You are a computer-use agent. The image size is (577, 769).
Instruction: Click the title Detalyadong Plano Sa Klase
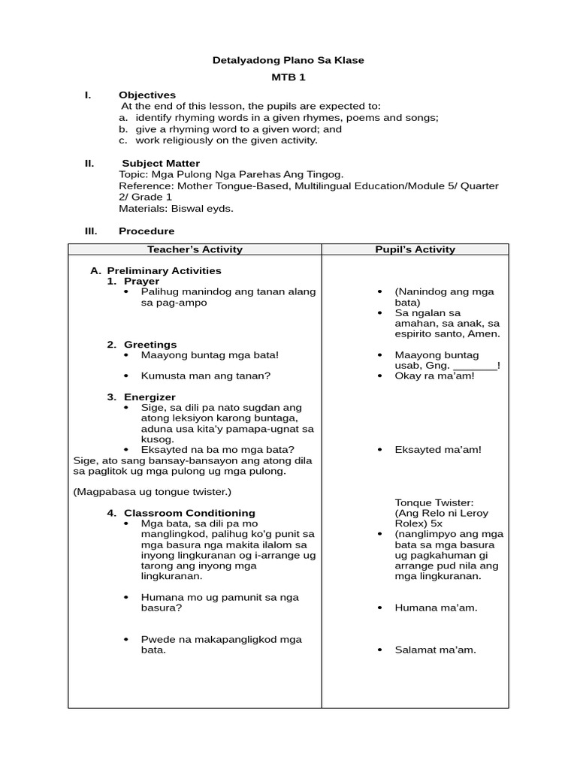point(288,60)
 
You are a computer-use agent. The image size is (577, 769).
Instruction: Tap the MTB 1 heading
point(288,77)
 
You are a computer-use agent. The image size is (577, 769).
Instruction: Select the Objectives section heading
point(147,95)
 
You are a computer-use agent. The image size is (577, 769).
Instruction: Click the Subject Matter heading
point(161,163)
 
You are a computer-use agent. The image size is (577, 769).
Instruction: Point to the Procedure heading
point(147,231)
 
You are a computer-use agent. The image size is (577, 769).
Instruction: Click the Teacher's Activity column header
point(195,249)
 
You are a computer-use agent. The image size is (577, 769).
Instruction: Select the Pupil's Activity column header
point(415,249)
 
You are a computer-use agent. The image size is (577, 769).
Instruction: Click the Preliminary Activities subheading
point(164,270)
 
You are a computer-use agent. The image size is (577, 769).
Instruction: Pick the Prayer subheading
point(141,281)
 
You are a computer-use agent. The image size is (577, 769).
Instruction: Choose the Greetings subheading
point(150,345)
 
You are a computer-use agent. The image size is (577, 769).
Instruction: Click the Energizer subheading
point(150,397)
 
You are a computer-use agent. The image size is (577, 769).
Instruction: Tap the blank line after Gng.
point(475,366)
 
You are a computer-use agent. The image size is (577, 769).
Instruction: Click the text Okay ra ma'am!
point(434,375)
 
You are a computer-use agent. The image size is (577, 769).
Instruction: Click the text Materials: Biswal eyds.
point(176,209)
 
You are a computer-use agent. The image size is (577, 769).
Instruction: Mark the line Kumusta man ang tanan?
point(206,375)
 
